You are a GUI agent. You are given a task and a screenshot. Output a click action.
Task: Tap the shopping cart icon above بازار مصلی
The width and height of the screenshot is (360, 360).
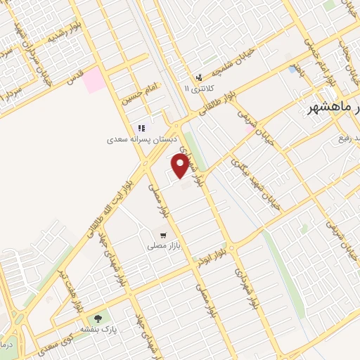[x=163, y=236]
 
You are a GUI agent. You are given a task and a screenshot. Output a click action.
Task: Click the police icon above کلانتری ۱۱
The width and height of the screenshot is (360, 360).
[x=200, y=77]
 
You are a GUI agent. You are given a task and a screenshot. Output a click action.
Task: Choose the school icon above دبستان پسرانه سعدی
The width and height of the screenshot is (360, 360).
[x=141, y=128]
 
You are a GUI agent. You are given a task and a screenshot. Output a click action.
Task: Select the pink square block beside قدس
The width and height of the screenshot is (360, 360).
[x=92, y=82]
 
